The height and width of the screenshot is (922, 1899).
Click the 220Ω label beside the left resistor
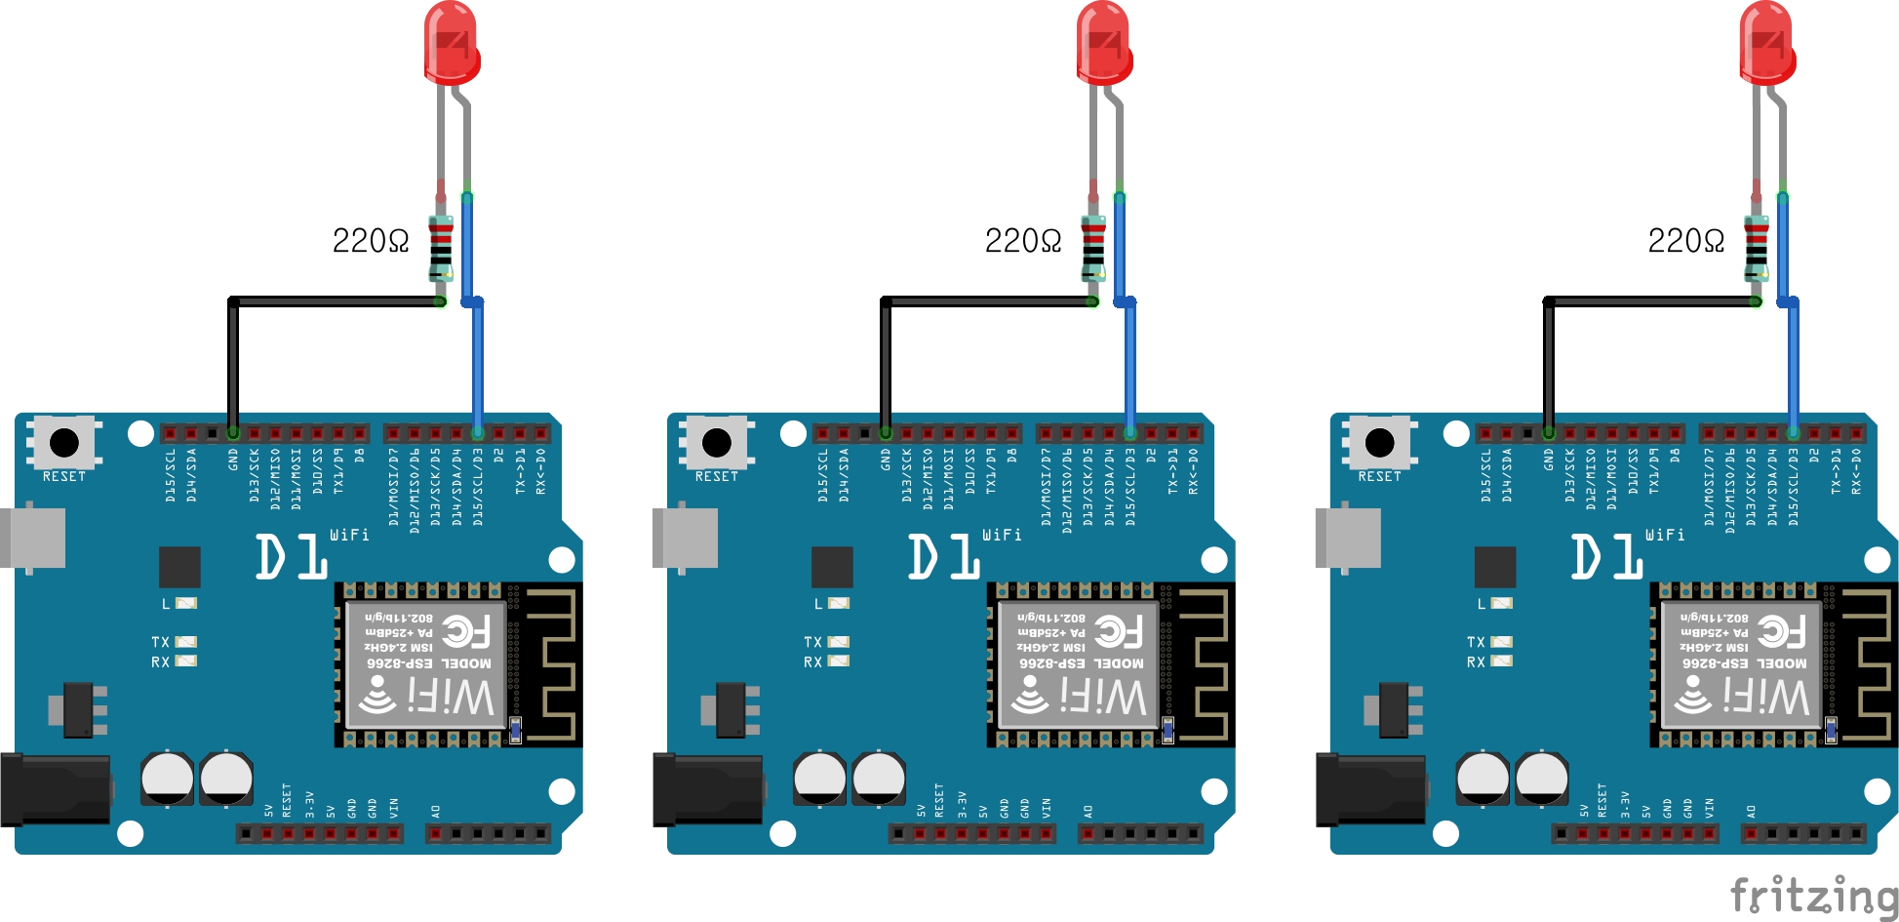point(370,241)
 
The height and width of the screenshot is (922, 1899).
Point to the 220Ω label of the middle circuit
point(1022,241)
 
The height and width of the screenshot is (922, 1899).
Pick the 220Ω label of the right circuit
point(1685,241)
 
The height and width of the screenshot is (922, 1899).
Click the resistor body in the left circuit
point(441,248)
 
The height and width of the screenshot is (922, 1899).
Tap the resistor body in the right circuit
point(1757,248)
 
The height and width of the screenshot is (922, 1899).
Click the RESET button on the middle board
point(717,443)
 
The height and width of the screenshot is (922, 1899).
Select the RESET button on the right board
point(1380,443)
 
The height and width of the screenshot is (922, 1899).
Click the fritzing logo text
point(1814,896)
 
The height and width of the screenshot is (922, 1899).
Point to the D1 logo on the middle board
point(943,557)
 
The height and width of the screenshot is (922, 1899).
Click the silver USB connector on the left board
point(35,537)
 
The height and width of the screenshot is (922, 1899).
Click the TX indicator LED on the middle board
point(838,642)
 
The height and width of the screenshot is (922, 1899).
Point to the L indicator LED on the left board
point(185,604)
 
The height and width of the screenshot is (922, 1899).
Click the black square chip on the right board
point(1495,568)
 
